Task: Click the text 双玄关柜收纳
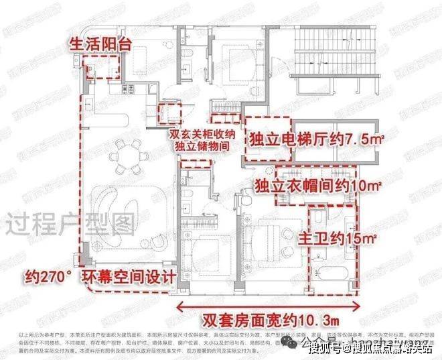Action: pyautogui.click(x=200, y=133)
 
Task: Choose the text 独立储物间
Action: pyautogui.click(x=200, y=145)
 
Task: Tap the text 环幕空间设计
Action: pyautogui.click(x=128, y=276)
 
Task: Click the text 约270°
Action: pyautogui.click(x=48, y=276)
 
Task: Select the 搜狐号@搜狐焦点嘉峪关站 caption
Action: pyautogui.click(x=372, y=347)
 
